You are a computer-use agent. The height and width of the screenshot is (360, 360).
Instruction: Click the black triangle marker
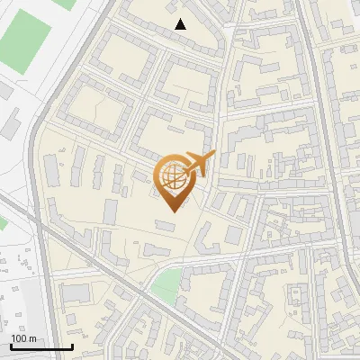coord(181,24)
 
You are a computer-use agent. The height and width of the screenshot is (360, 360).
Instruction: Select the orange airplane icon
coord(200,163)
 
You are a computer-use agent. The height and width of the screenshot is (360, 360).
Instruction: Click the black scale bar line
coord(41,346)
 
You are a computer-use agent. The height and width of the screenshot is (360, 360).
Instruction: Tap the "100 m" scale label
coord(24,338)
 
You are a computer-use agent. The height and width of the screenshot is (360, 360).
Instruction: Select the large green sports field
coord(24,41)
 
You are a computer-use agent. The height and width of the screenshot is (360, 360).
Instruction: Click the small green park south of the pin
coord(166,286)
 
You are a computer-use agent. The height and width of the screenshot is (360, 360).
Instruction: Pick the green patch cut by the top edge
coord(63,3)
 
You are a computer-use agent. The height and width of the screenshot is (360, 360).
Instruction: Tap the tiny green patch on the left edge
coord(2,222)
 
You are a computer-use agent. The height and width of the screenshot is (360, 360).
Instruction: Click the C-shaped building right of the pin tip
coord(205,238)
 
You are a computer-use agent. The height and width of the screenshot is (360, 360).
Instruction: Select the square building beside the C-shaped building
coord(233,235)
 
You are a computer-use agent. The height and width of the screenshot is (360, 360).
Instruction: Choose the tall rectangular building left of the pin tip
coord(111,211)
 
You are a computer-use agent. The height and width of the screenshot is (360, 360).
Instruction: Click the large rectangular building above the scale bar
coord(77,293)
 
